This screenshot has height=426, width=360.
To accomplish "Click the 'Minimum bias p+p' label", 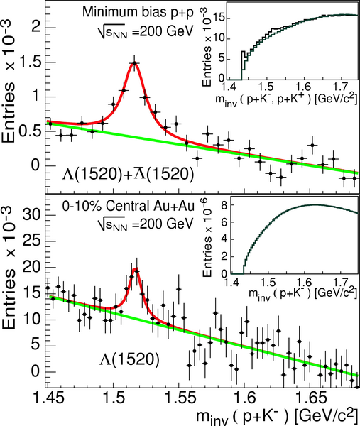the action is tap(138, 13).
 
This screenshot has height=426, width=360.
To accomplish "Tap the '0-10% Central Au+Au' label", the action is tap(129, 207).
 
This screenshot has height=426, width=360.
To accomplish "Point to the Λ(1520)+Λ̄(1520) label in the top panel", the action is tap(129, 174).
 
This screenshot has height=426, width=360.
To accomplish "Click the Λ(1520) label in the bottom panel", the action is tap(129, 359).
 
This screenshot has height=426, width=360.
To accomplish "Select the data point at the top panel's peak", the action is tap(134, 63).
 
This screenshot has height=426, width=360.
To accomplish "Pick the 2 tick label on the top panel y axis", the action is tap(36, 28).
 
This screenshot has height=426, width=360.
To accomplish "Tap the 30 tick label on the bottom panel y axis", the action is tap(31, 215).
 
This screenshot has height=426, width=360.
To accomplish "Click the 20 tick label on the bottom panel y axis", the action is tap(31, 268).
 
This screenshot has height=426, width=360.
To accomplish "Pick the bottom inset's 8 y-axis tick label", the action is tap(224, 205).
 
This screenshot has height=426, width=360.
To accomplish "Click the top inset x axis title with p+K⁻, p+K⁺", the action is tap(286, 99).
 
